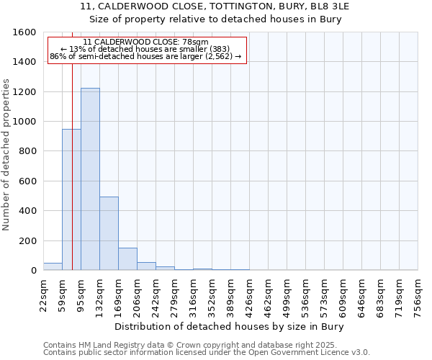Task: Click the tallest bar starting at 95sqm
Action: [x=90, y=179]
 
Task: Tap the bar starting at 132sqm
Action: [x=109, y=233]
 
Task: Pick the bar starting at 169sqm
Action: [x=127, y=259]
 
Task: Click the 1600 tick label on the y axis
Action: [x=26, y=32]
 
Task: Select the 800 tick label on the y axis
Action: [x=29, y=151]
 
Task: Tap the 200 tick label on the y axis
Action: [x=29, y=240]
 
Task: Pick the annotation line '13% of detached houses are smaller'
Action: [x=147, y=50]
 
